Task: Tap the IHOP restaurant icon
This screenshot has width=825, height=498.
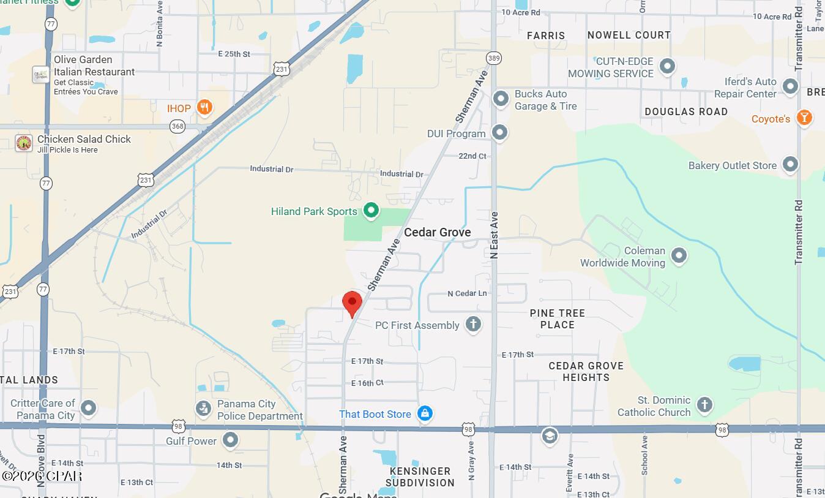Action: [205, 108]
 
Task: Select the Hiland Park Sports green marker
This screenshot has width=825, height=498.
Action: [370, 211]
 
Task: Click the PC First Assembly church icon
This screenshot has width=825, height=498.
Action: [472, 325]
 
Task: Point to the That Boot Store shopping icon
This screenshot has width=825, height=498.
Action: [425, 413]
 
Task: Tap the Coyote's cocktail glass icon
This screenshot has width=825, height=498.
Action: [804, 118]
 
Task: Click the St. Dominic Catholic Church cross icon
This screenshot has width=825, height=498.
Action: [704, 405]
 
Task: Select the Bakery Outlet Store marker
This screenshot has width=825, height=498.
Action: [790, 165]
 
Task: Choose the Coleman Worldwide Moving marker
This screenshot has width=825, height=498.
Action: [679, 255]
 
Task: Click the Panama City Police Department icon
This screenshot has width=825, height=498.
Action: [203, 409]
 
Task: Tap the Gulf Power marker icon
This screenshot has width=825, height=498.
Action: [230, 440]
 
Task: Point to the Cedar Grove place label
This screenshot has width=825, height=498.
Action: [437, 232]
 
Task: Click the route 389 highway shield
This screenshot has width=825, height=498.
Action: [494, 58]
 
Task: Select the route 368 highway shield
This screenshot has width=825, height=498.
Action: [177, 127]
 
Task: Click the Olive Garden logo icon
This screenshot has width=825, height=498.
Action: [41, 75]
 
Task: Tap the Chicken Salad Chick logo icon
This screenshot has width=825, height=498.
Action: [24, 143]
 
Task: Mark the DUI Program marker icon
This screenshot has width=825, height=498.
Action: [500, 132]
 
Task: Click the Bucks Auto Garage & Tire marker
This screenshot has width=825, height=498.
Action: [501, 99]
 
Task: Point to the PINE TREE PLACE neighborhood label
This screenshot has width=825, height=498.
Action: [557, 319]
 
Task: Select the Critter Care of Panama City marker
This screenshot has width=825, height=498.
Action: [89, 408]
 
